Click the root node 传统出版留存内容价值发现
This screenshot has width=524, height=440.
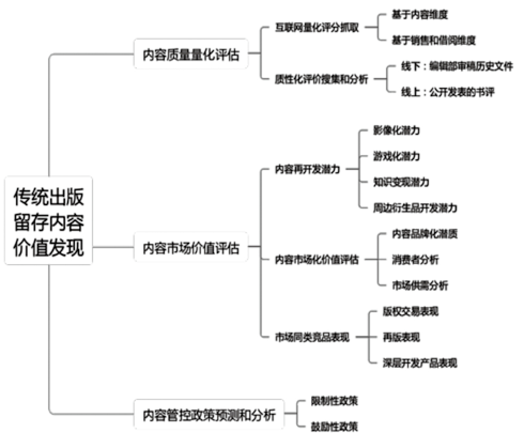(x=49, y=221)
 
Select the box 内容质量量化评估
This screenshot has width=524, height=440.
(x=191, y=54)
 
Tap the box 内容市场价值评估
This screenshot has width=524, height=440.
(x=191, y=248)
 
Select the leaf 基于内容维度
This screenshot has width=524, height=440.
(x=419, y=15)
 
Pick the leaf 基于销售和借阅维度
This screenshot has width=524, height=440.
(x=433, y=40)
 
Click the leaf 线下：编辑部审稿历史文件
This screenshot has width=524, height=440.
(x=457, y=66)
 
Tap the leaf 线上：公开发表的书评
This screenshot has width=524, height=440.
(x=448, y=92)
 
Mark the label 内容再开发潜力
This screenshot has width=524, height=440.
(x=307, y=169)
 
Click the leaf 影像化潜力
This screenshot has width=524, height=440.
(x=396, y=130)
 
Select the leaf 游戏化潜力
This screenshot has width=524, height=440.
(x=396, y=156)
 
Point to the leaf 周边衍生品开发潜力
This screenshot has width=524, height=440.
(x=415, y=207)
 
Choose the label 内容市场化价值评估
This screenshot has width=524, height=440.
(x=317, y=259)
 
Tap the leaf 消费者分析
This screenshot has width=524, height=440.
(x=415, y=259)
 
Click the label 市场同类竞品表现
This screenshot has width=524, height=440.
(x=312, y=337)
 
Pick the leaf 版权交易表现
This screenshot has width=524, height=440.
(x=411, y=311)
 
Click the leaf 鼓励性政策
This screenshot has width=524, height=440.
(x=334, y=427)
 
